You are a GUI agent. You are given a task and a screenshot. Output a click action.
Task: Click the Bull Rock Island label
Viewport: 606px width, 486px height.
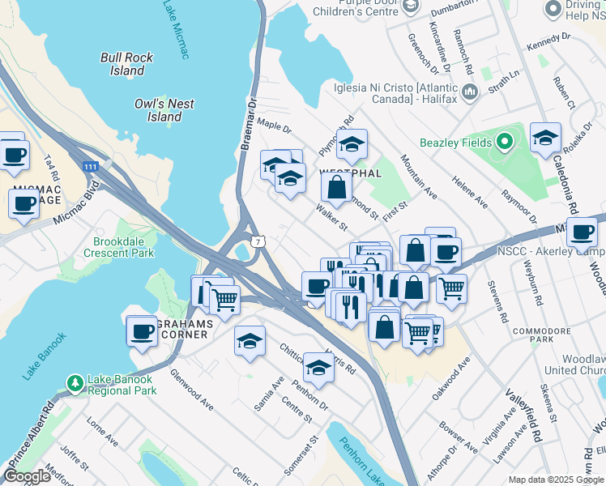tap(126, 64)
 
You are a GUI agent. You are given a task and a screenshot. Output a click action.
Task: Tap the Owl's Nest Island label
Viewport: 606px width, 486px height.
tap(164, 110)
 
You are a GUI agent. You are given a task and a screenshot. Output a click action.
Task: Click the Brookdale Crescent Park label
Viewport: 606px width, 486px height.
tap(117, 247)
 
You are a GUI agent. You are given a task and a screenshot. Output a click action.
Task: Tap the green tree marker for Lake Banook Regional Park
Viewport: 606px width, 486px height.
tap(75, 381)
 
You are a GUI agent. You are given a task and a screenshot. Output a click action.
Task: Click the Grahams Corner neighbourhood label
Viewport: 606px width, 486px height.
tap(180, 329)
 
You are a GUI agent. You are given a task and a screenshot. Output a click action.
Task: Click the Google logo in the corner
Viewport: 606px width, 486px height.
tap(27, 476)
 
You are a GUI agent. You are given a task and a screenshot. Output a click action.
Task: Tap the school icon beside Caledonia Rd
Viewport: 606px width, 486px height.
tap(546, 138)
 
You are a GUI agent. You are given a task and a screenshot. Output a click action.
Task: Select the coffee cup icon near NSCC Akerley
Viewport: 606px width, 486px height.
tap(581, 232)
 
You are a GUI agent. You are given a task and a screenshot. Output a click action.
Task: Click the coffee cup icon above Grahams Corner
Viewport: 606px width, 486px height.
tap(143, 330)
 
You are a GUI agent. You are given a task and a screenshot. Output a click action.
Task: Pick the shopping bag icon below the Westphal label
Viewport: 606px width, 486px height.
tap(336, 186)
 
